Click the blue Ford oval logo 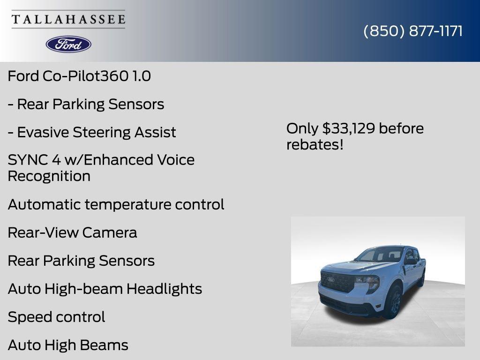[68, 44]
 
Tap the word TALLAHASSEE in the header [68, 19]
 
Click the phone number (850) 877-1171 [413, 31]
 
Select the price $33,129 [349, 128]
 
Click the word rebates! [315, 145]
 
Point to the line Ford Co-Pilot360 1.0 [79, 76]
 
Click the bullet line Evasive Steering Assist [92, 132]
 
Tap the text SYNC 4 [34, 160]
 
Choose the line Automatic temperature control [116, 205]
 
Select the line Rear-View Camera [72, 233]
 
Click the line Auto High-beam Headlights [105, 289]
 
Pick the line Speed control [56, 317]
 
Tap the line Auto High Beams [68, 345]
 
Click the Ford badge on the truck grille [331, 280]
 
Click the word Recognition [49, 177]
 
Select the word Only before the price [302, 128]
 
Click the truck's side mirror [410, 262]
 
